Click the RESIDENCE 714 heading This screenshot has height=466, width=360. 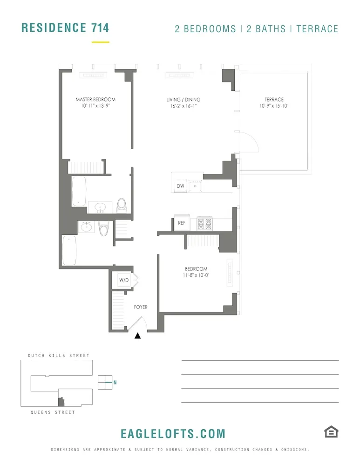coord(65,27)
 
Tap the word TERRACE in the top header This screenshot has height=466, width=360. coord(317,29)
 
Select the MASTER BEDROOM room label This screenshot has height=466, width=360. coord(95,100)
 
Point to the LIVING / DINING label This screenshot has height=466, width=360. coord(183,100)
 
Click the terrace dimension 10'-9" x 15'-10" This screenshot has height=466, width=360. coord(274,106)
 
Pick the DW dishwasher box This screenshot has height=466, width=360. coord(180,186)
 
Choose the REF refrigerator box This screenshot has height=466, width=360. coord(182,223)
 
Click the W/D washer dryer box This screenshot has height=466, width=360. coord(123,281)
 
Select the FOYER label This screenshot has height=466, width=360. coord(141,307)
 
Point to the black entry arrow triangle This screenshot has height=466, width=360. coord(137,336)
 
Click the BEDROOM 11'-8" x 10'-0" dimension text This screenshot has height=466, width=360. coord(196,275)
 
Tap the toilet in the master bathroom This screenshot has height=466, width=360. coord(122,205)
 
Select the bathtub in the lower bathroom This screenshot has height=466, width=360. coord(69,250)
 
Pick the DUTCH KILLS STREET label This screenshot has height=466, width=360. coord(58,356)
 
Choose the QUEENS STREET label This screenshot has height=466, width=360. coord(53,412)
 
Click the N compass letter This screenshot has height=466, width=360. coord(115,383)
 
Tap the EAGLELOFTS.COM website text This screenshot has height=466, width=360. coord(173,434)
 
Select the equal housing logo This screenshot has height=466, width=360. coord(331,432)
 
